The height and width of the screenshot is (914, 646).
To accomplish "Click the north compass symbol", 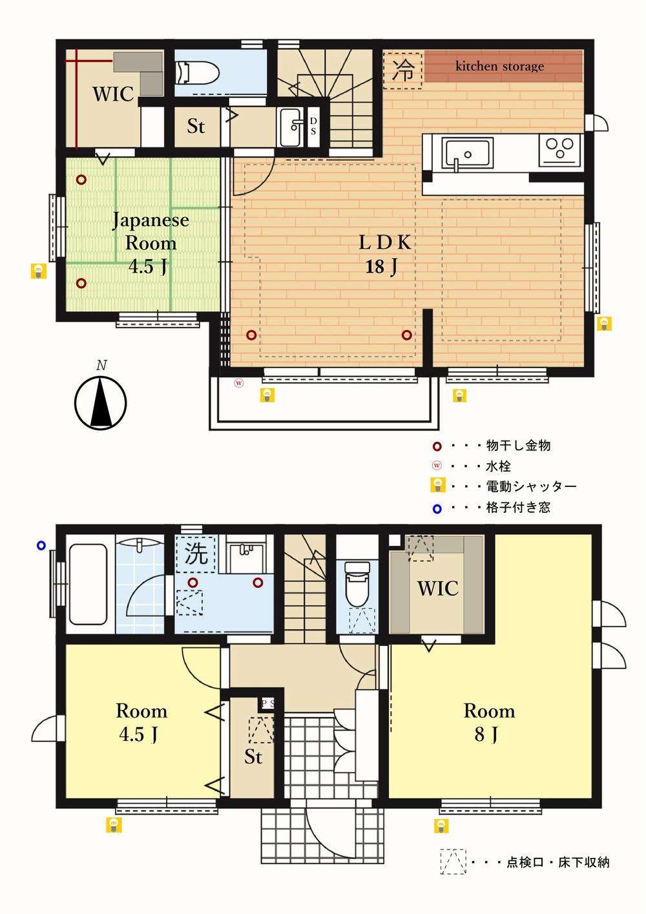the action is (x=100, y=402).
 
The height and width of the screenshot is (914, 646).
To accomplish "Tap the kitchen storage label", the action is (x=499, y=66).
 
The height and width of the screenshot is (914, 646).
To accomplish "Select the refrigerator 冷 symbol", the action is (x=403, y=70).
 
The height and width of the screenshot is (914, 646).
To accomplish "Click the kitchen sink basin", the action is (x=468, y=152).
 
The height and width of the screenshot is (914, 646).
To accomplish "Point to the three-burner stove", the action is (x=559, y=150).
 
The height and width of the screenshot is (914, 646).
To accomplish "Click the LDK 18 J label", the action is (x=384, y=254).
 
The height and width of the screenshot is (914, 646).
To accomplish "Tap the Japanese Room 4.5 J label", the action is (x=150, y=243).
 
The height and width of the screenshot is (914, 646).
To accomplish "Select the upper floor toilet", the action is (x=198, y=73).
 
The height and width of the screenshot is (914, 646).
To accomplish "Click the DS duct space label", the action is (x=313, y=126).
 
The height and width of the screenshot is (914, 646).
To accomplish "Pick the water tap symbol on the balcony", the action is (x=239, y=383).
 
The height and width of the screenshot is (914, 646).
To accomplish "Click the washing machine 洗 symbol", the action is (x=196, y=554).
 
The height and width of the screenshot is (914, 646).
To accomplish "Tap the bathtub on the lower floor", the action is (x=88, y=585).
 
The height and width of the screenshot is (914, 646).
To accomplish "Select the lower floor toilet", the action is (x=357, y=583).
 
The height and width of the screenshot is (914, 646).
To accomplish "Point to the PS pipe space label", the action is (x=268, y=703).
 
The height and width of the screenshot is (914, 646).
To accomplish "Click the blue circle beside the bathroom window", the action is (x=41, y=545).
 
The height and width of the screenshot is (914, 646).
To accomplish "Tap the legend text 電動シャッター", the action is (x=531, y=486).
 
